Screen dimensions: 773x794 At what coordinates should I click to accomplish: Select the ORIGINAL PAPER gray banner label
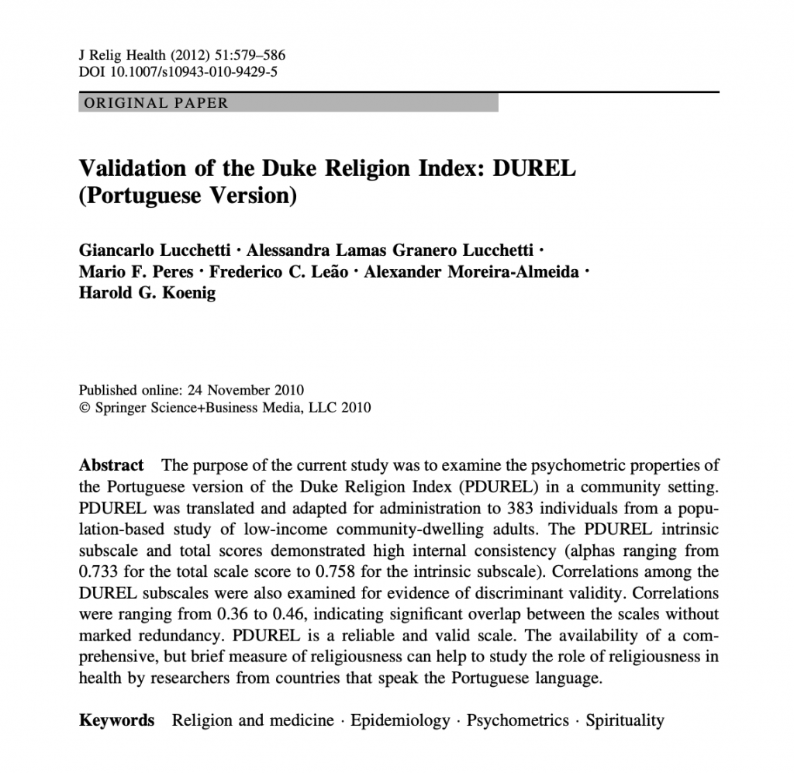click(x=156, y=103)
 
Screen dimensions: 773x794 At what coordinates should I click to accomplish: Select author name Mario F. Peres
click(x=136, y=272)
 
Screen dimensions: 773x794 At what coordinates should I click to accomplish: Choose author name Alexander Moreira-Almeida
click(x=471, y=272)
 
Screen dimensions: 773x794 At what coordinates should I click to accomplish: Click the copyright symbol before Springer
click(x=85, y=408)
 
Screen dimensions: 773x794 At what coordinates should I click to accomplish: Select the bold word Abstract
click(x=112, y=466)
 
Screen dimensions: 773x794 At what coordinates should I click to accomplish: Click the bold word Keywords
click(x=117, y=721)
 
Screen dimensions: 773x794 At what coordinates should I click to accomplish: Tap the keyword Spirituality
click(x=624, y=721)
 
